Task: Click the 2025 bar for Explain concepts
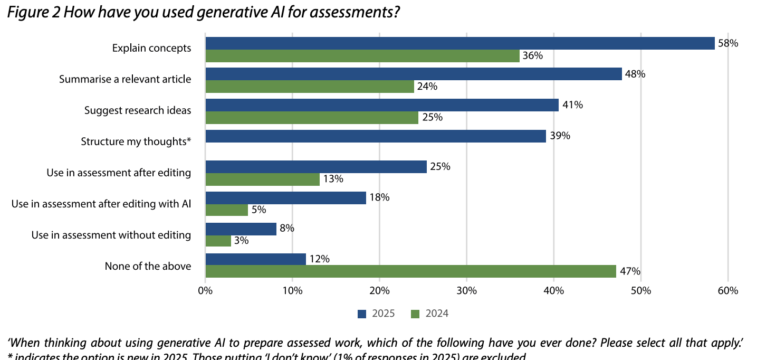tap(459, 43)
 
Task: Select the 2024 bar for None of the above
tap(410, 271)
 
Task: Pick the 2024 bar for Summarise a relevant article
tap(310, 87)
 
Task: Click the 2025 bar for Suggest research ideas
tap(382, 105)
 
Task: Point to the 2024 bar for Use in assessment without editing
tap(218, 241)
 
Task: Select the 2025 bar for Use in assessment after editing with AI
tap(285, 198)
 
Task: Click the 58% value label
tap(728, 43)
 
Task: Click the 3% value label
tap(242, 241)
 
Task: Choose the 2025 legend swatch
tap(362, 314)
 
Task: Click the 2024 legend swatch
tap(415, 314)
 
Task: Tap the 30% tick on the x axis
tap(466, 290)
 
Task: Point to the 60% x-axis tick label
tap(727, 290)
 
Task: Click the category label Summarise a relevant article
tap(125, 80)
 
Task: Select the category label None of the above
tap(148, 266)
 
